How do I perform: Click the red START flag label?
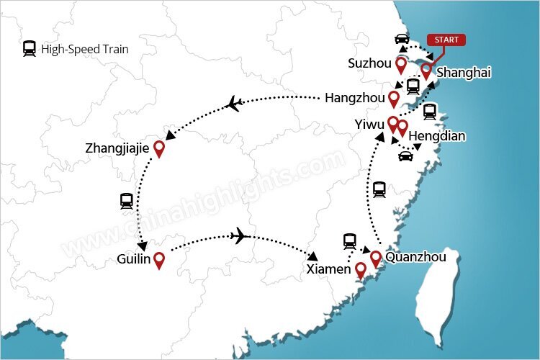click(x=446, y=40)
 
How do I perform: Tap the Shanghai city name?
click(x=464, y=73)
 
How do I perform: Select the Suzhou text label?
click(x=369, y=63)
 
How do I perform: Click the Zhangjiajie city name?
click(x=117, y=148)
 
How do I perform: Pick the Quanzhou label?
click(x=415, y=257)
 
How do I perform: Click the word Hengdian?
click(x=437, y=135)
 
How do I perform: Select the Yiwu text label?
click(x=369, y=124)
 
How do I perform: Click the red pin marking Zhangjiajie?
click(x=159, y=148)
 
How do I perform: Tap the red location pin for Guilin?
click(x=159, y=259)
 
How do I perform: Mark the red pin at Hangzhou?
click(x=394, y=99)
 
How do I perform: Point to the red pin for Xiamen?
click(x=361, y=271)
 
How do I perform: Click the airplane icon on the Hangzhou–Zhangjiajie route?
click(x=233, y=104)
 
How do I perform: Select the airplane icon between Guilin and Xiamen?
click(x=240, y=235)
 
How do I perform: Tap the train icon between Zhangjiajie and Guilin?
click(x=127, y=201)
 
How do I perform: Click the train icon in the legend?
click(x=30, y=49)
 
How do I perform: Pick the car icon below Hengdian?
click(x=406, y=156)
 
